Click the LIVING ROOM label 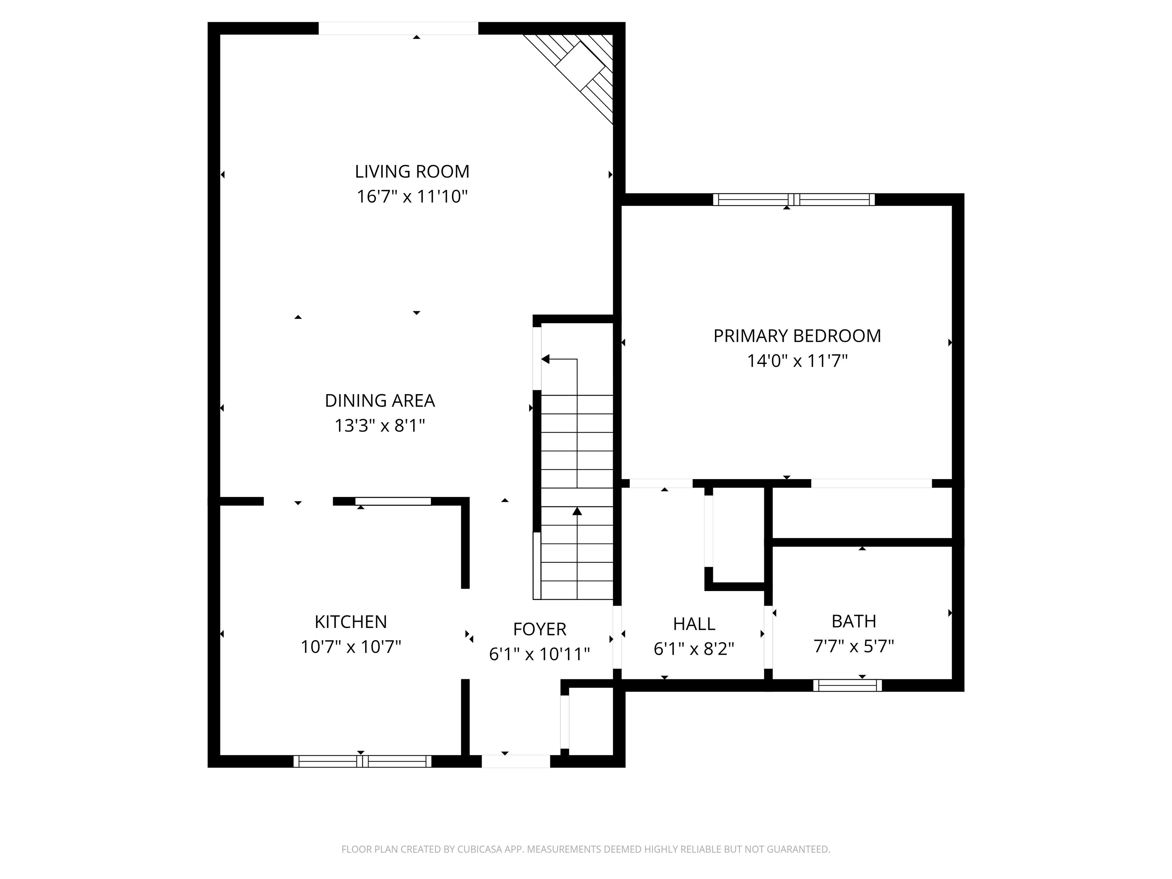412,172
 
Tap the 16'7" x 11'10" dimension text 412,196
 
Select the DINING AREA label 379,401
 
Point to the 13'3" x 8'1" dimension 379,425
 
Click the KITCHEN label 350,621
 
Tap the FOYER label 539,629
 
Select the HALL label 694,624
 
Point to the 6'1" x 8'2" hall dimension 694,649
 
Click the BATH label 853,621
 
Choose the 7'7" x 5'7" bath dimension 853,646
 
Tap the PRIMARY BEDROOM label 797,336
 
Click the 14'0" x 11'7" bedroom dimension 797,361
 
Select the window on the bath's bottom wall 847,686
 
